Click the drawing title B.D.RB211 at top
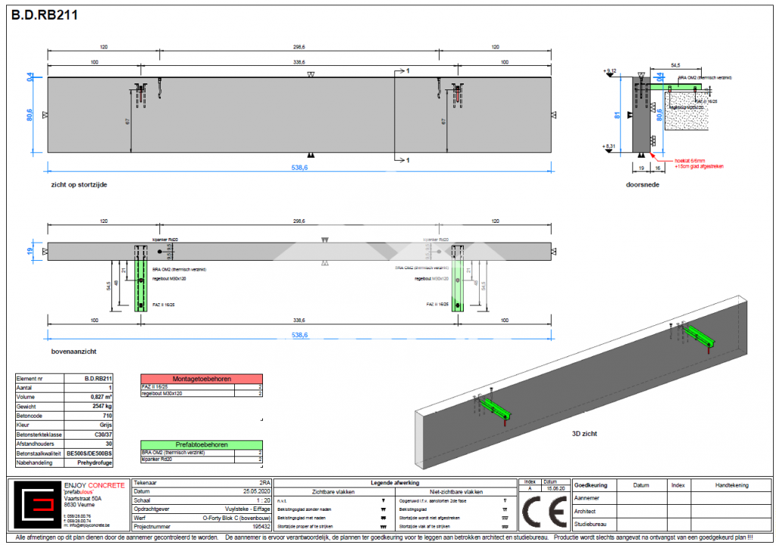pyautogui.click(x=44, y=14)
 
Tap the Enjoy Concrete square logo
pyautogui.click(x=38, y=506)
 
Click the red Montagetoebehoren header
pyautogui.click(x=201, y=378)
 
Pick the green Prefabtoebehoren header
pyautogui.click(x=201, y=445)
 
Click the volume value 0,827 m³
pyautogui.click(x=99, y=396)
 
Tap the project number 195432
pyautogui.click(x=258, y=525)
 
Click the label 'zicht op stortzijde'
pyautogui.click(x=74, y=184)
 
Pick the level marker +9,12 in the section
pyautogui.click(x=611, y=70)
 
